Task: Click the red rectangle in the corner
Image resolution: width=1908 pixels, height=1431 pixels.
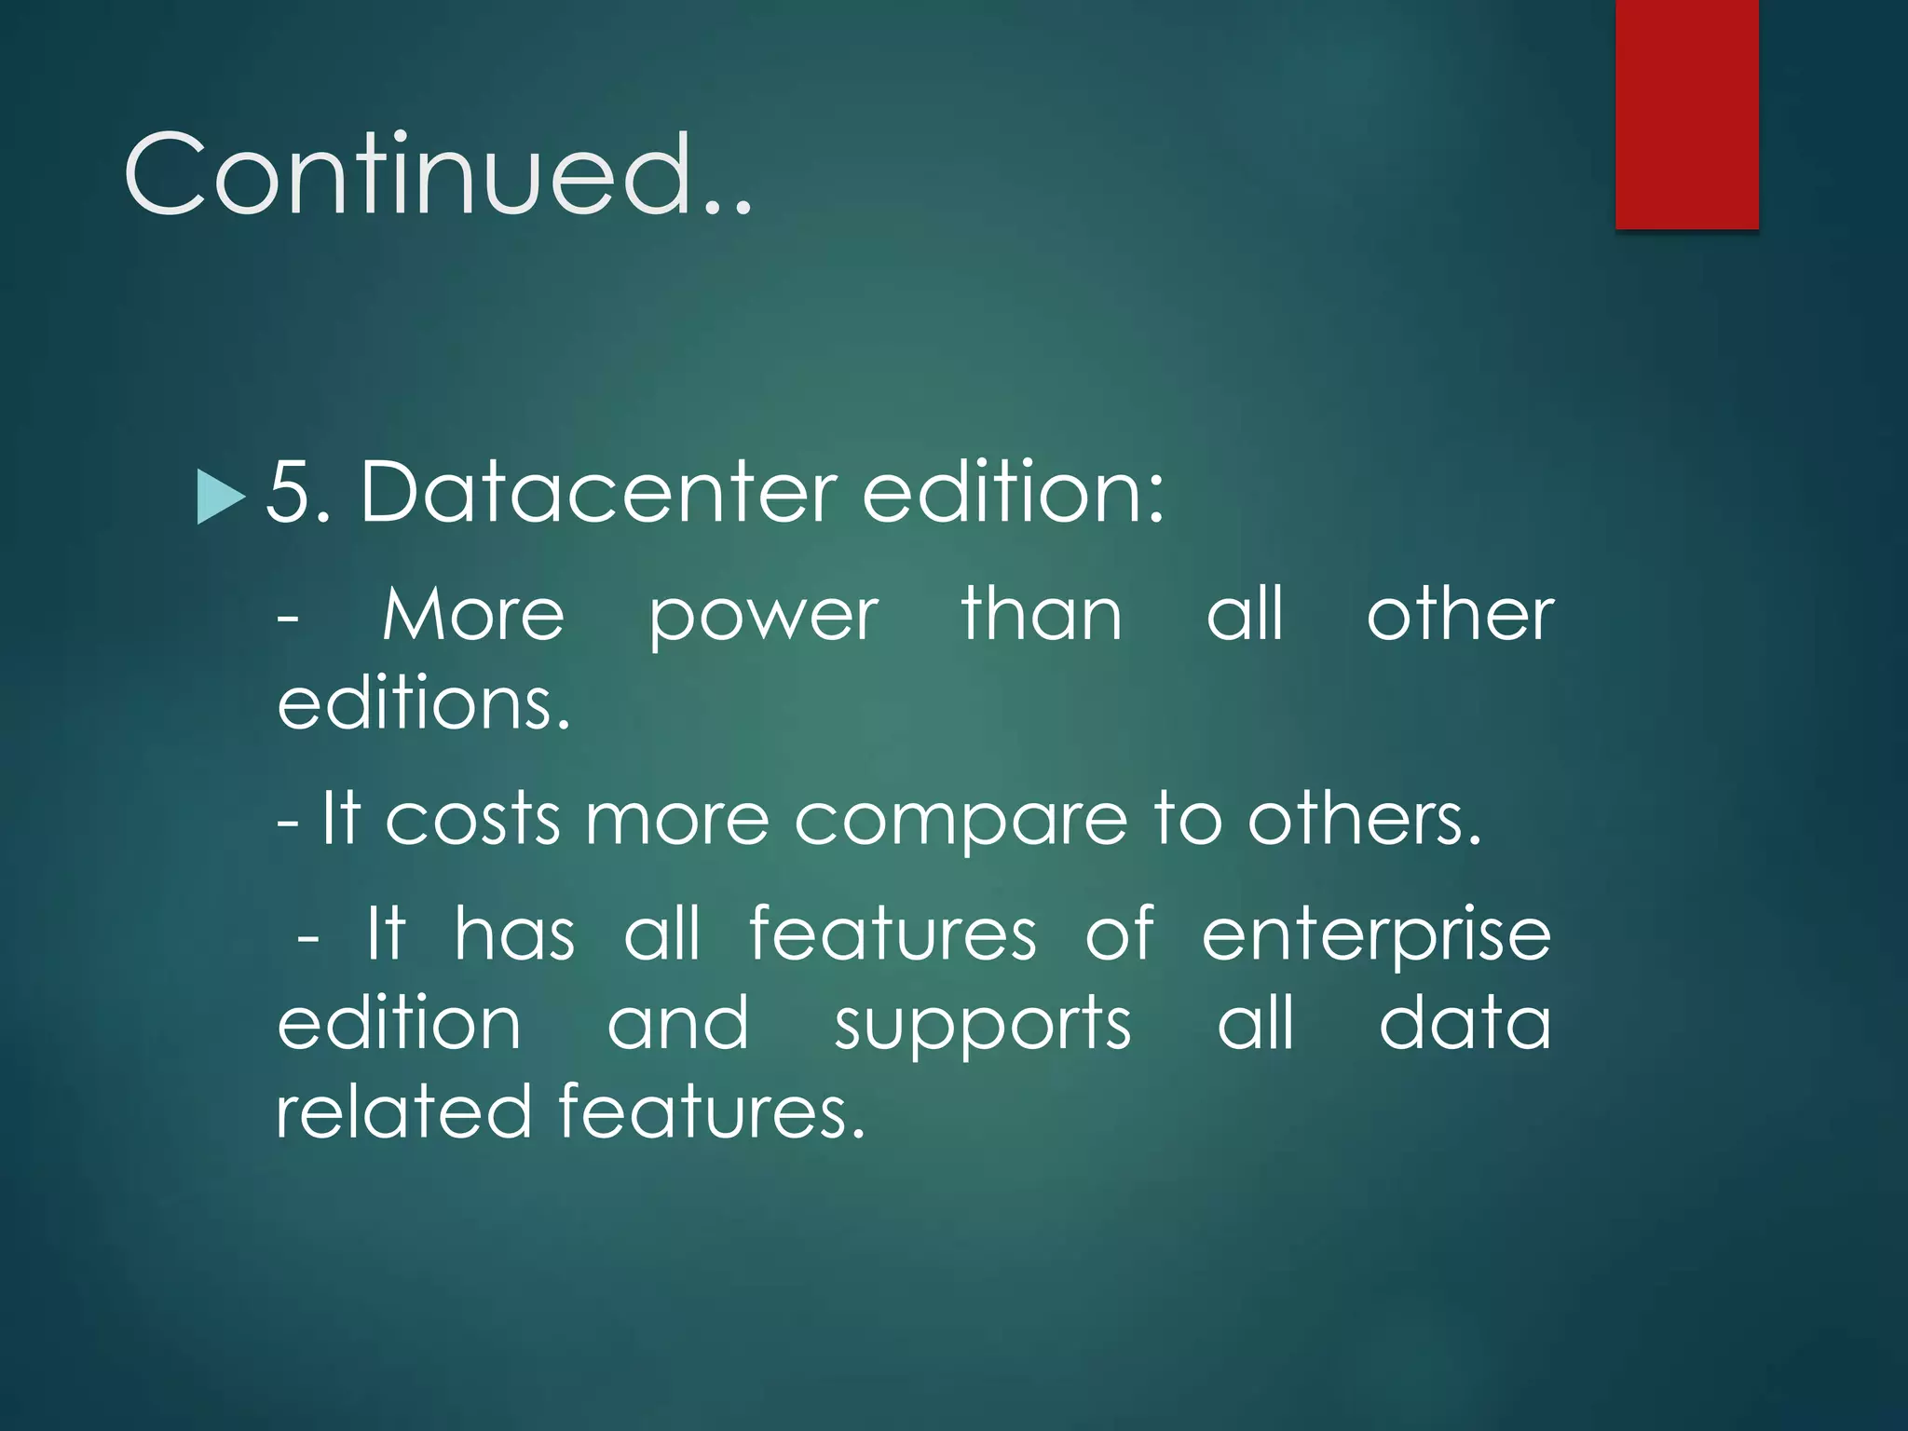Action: click(x=1686, y=114)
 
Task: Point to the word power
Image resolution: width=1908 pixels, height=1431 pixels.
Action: click(x=763, y=617)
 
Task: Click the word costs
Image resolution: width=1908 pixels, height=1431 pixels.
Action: click(x=472, y=820)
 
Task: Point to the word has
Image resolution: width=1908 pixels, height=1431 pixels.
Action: click(x=514, y=934)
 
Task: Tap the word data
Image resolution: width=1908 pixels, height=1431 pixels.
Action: click(x=1465, y=1023)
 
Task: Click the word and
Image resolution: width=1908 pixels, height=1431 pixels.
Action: click(x=677, y=1023)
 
